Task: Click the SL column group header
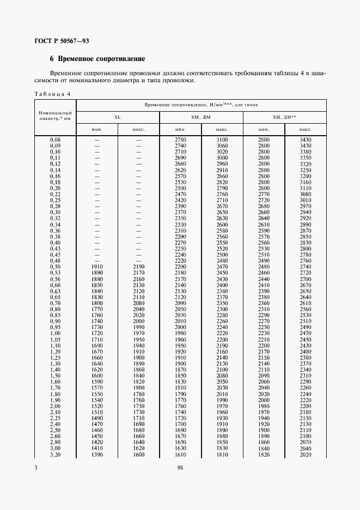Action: pos(117,117)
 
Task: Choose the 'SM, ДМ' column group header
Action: pos(201,117)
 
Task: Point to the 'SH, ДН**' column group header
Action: pos(284,117)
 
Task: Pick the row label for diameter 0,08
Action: pos(55,141)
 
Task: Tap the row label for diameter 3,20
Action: pos(55,454)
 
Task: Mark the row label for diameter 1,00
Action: pos(55,333)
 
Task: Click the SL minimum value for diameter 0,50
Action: pos(97,266)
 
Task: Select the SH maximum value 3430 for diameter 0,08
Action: pos(305,141)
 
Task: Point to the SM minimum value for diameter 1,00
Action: pos(180,333)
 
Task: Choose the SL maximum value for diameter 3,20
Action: pos(138,454)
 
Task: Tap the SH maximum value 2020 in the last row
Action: pos(305,454)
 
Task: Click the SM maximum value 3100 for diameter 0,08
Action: pos(222,141)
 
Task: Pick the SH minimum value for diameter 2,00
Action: pos(264,406)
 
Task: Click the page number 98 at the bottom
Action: pos(180,467)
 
